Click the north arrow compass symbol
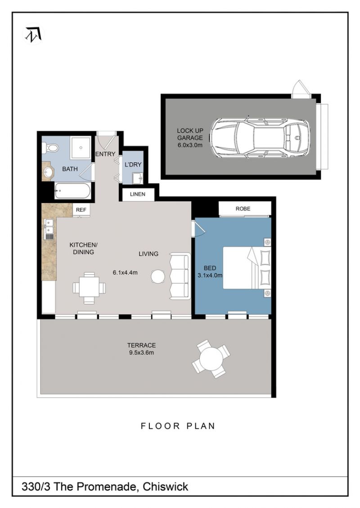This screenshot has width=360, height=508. [34, 34]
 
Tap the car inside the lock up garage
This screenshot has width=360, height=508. [261, 138]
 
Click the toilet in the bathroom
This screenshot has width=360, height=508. [52, 148]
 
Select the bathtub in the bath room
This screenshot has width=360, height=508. [72, 191]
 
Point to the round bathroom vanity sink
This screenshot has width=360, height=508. [49, 173]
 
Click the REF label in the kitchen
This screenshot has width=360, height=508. [81, 210]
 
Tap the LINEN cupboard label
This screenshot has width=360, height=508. [138, 194]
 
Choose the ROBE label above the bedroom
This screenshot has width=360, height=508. [243, 209]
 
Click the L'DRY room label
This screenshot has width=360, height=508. [133, 165]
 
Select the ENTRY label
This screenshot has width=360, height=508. [105, 154]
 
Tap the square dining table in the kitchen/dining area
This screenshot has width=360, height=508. [89, 288]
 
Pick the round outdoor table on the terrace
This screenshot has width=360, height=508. [211, 359]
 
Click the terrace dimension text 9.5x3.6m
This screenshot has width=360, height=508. [141, 352]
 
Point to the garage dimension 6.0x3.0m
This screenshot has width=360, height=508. [190, 145]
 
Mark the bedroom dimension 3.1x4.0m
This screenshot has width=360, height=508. [210, 276]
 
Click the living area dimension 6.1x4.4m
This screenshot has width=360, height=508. [125, 273]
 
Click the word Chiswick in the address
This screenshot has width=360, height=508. [166, 486]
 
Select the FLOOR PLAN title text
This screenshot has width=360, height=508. [178, 426]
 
